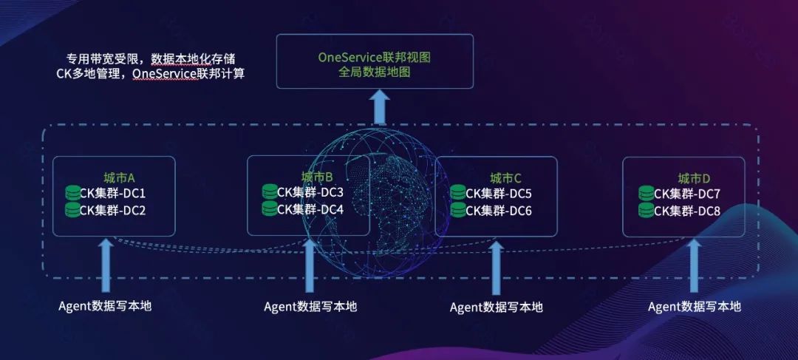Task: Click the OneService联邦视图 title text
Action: [x=374, y=57]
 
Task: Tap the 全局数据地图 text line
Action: [x=374, y=72]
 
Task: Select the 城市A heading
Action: [x=119, y=177]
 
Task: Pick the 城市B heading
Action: [x=317, y=177]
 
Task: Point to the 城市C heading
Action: [x=506, y=178]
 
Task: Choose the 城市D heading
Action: [x=694, y=178]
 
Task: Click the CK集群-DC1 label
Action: [x=112, y=194]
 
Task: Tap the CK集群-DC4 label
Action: [x=310, y=209]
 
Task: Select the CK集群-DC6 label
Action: [x=499, y=210]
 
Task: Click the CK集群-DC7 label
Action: [x=687, y=194]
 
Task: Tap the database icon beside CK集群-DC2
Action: [x=72, y=210]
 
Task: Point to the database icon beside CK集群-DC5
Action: [x=458, y=194]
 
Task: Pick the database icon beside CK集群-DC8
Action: [x=647, y=211]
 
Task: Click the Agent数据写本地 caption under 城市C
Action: [x=496, y=307]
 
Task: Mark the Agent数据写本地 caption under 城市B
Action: [x=310, y=306]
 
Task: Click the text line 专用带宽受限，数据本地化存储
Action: [x=151, y=58]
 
